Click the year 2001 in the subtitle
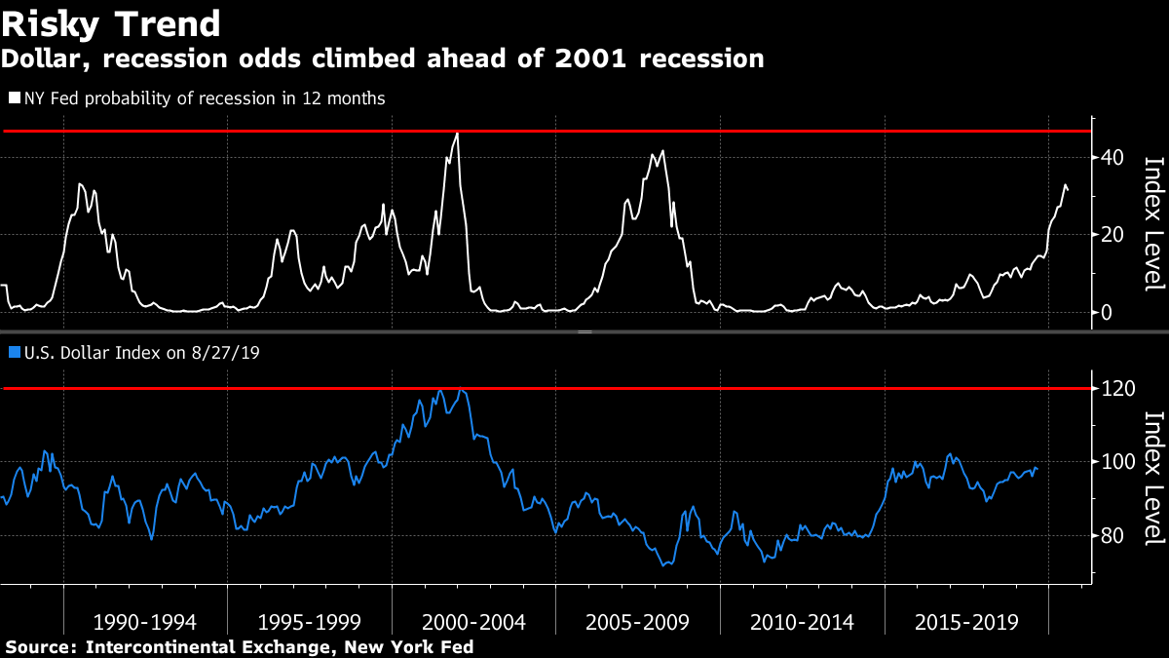tap(581, 58)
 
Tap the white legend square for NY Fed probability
tap(15, 98)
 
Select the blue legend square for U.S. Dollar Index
tap(15, 352)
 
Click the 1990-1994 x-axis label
tap(145, 622)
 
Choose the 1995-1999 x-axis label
tap(310, 622)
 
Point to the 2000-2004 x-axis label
tap(473, 622)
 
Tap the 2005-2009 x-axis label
tap(638, 622)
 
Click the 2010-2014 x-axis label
tap(803, 622)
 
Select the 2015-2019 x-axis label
tap(966, 622)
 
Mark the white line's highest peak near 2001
tap(458, 134)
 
